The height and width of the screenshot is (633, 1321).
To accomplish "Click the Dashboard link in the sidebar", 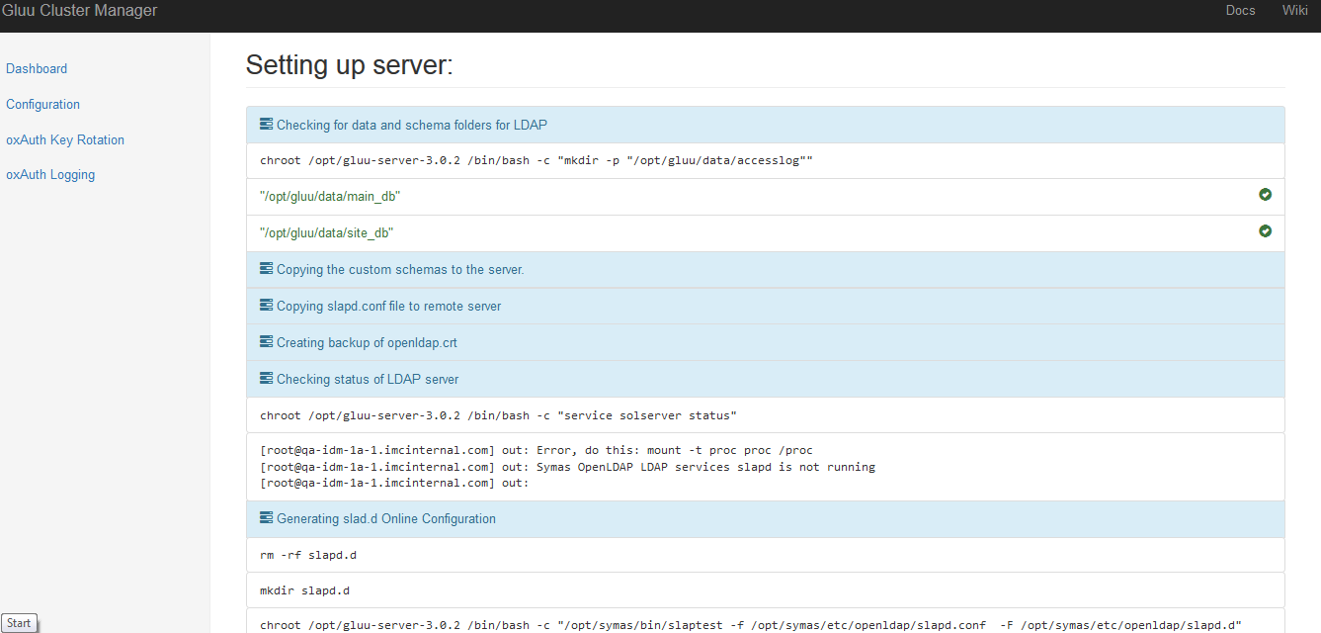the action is coord(37,68).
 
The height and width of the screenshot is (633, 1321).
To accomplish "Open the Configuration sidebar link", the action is coord(42,105).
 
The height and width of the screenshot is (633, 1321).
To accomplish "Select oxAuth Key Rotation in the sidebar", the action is coord(65,139).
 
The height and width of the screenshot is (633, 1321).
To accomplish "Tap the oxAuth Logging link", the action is coord(50,175).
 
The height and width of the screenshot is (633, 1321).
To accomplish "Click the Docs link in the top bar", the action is coord(1240,11).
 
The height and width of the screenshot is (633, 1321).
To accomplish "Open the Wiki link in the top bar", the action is coord(1294,11).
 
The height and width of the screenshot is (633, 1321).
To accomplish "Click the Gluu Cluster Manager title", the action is coord(80,11).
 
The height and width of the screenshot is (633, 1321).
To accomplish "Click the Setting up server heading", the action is coord(349,65).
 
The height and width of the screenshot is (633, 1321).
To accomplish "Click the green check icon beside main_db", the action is coord(1265,194).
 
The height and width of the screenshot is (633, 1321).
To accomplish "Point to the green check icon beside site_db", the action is coord(1265,230).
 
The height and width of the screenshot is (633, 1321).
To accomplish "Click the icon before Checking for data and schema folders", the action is coord(266,124).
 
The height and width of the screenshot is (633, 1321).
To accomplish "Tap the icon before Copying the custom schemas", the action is coord(266,269).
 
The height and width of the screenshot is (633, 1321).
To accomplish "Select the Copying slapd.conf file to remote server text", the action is coord(388,306).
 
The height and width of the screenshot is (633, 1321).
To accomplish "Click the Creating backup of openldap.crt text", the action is coord(367,342).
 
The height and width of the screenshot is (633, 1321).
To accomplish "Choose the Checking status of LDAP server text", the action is coord(368,379).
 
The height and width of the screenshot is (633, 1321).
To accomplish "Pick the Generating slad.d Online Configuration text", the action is coord(386,518).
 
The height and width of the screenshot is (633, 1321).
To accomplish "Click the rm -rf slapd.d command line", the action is coord(308,555).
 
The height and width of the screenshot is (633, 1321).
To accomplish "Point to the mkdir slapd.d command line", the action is coord(305,590).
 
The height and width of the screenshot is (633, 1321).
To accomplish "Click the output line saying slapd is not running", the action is coord(568,467).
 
